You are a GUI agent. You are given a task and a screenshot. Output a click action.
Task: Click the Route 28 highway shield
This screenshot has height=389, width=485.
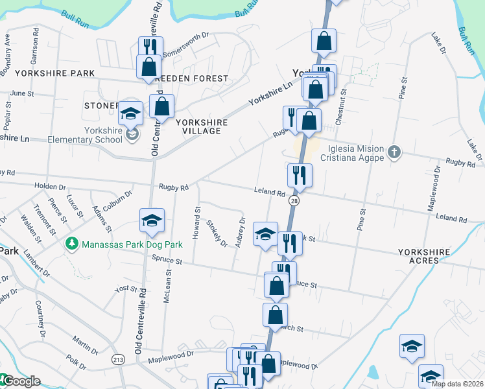tap(294, 202)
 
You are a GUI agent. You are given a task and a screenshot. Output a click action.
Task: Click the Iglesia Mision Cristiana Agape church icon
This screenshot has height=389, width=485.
tap(394, 152)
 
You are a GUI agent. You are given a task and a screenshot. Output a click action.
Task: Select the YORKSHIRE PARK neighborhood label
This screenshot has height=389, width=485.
tap(55, 73)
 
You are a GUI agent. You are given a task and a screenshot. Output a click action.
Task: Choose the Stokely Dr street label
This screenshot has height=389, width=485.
tap(217, 233)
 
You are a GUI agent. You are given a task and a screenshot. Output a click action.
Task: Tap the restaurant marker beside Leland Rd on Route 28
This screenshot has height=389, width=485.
tap(300, 176)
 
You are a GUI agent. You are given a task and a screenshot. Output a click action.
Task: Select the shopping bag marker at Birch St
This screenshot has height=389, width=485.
tap(275, 315)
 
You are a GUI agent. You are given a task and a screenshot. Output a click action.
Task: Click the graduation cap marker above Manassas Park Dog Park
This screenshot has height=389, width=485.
tap(152, 221)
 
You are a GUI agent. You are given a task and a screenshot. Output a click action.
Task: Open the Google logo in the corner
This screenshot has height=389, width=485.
tap(21, 381)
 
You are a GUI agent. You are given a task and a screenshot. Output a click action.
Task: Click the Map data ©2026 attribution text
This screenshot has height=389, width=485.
tap(457, 384)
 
